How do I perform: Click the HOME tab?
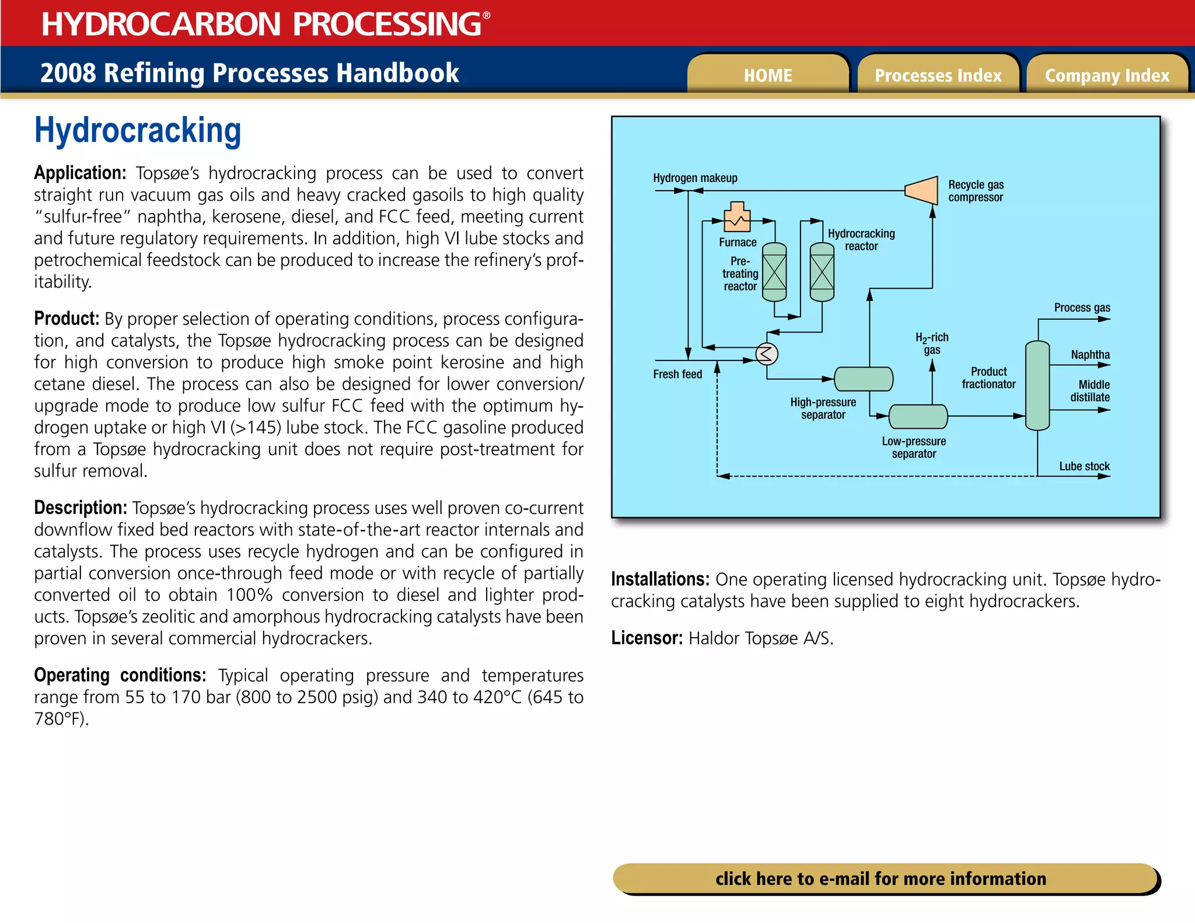767,75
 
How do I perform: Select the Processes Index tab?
938,75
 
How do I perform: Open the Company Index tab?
1107,75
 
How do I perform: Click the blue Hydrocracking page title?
138,131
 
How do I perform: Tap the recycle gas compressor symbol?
922,190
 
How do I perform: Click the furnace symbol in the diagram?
737,218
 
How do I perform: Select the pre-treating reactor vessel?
774,272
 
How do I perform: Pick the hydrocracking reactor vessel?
822,272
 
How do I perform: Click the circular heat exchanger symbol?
766,354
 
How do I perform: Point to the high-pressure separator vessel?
863,379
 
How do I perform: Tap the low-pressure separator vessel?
918,417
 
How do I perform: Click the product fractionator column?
1037,386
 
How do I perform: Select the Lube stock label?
1084,466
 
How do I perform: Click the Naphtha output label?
1090,355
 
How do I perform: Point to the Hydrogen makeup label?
695,178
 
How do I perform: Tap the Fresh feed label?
677,374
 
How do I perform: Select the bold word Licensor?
647,638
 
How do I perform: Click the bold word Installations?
660,579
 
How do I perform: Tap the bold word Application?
80,173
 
